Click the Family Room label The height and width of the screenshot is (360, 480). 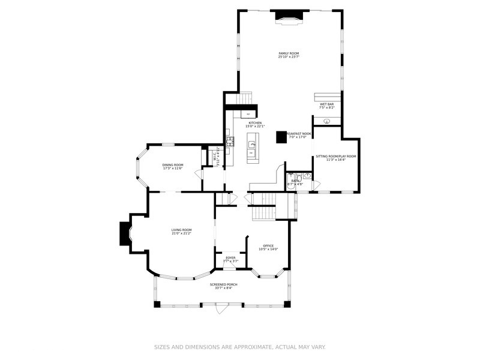click(x=288, y=53)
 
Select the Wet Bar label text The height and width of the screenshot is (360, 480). click(x=326, y=104)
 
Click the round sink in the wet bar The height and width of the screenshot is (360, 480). click(x=327, y=121)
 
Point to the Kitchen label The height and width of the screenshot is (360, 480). click(x=254, y=123)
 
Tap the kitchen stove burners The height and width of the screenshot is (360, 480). click(x=229, y=142)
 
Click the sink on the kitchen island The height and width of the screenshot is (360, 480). click(x=253, y=145)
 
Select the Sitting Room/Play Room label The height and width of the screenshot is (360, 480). click(x=336, y=157)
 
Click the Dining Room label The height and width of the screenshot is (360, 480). click(x=173, y=165)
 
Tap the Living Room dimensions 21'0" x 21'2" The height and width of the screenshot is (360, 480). click(x=181, y=233)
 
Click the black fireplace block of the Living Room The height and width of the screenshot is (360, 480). click(x=125, y=233)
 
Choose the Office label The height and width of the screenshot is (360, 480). click(x=268, y=245)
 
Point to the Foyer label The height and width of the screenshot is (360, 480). click(x=230, y=257)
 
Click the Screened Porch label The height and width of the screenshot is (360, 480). click(x=223, y=284)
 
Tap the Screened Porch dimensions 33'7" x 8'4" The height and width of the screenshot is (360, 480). click(x=223, y=288)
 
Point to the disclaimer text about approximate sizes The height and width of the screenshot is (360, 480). click(x=240, y=347)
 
